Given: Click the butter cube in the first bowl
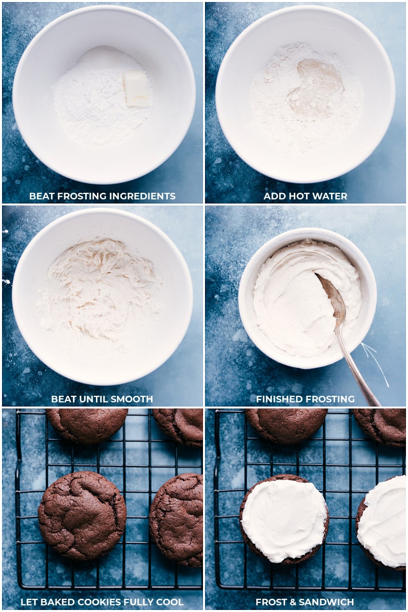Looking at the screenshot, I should (137, 89).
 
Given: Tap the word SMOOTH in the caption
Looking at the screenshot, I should (134, 399).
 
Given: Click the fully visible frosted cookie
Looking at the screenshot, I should (284, 521).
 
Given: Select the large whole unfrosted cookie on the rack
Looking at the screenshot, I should (82, 516).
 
